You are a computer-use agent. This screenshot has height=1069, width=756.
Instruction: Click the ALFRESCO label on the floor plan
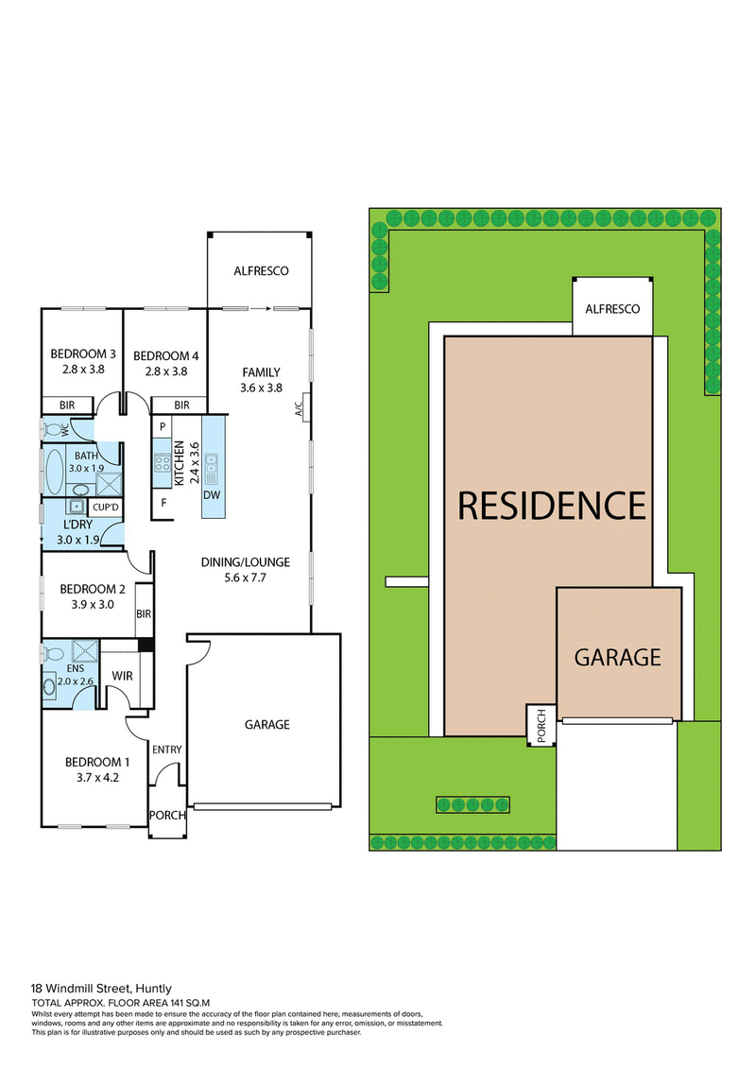260,271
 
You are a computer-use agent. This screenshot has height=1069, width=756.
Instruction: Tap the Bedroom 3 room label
82,355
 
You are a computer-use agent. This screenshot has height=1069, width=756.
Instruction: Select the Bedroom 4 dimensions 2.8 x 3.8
165,371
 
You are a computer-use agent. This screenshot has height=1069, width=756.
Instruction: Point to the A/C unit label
299,405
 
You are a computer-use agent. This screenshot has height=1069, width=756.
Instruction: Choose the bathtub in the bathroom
54,470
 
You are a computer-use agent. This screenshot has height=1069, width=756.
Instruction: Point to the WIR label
121,677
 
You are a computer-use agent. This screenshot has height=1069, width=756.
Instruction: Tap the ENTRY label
166,750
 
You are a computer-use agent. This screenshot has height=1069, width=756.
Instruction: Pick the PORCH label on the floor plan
167,815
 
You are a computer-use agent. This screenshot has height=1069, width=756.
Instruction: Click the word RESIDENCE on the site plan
551,506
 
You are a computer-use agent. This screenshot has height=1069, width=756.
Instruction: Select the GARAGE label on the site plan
617,657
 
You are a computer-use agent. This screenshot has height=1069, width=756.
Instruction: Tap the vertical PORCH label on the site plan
541,725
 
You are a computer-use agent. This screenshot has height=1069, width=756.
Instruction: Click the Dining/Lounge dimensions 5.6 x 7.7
245,578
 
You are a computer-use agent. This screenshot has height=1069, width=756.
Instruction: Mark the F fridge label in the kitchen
163,502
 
